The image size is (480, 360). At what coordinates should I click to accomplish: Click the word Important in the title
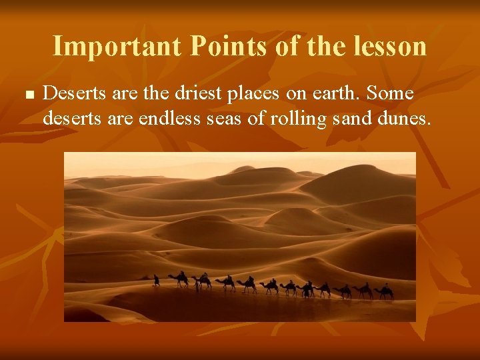[117, 46]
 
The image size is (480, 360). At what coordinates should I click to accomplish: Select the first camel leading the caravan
[179, 279]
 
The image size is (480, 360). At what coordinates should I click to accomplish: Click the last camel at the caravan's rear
[383, 291]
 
